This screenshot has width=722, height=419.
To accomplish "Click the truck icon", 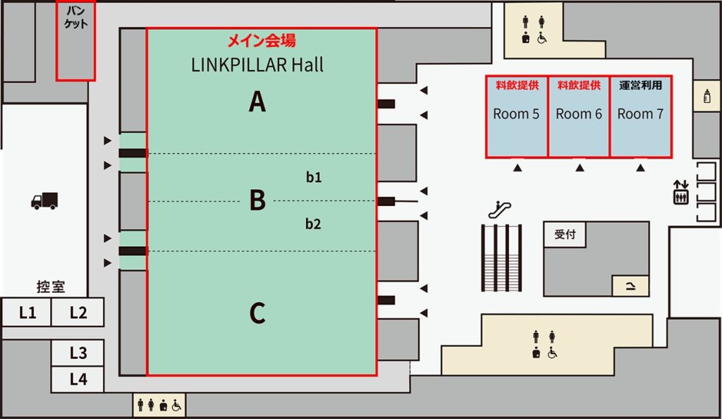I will click(44, 201).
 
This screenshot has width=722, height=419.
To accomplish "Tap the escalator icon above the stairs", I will click(500, 209).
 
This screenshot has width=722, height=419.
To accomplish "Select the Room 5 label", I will click(516, 114).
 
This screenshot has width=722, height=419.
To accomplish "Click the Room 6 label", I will click(579, 114).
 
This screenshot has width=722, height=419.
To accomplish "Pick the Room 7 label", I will click(640, 114).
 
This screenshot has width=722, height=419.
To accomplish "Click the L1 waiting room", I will click(27, 312).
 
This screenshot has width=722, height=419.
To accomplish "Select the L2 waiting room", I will click(78, 312).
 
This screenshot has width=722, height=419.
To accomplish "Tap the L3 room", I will click(78, 353).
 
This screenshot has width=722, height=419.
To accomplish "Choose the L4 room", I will click(78, 379).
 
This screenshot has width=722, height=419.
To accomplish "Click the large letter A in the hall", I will click(257, 103).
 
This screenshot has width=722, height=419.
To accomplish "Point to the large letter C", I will click(257, 313).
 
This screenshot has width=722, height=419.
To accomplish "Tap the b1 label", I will click(314, 178).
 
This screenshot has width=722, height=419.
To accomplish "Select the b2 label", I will click(314, 224).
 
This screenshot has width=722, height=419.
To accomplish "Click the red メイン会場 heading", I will click(261, 41).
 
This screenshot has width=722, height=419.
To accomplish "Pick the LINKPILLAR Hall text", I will click(257, 65).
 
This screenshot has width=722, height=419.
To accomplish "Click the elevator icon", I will click(680, 193).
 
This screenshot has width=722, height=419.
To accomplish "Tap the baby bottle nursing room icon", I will click(706, 97).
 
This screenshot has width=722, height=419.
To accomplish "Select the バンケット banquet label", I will click(75, 18).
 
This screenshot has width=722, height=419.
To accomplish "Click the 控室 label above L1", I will click(51, 286).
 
